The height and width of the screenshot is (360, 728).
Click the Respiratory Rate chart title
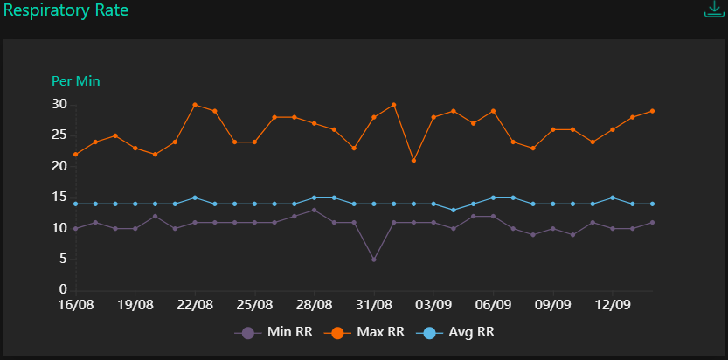click(66, 11)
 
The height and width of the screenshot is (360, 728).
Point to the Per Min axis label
click(76, 81)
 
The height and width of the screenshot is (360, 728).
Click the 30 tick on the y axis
click(59, 104)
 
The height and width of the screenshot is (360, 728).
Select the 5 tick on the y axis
click(63, 259)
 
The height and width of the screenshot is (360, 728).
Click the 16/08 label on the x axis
click(76, 306)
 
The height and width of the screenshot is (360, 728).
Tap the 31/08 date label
click(374, 306)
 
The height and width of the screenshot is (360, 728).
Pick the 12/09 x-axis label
click(613, 306)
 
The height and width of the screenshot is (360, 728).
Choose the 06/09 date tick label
click(493, 306)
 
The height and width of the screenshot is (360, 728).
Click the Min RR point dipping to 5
click(374, 260)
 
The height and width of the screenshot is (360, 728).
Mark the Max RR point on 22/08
click(195, 105)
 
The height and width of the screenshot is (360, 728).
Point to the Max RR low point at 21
click(413, 161)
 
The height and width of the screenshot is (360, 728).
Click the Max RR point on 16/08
click(76, 155)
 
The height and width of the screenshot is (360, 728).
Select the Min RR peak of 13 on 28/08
click(314, 210)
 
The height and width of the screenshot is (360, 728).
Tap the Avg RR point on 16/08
click(76, 204)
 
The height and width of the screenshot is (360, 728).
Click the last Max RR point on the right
click(652, 111)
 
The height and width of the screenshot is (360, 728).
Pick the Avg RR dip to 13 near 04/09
click(454, 210)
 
